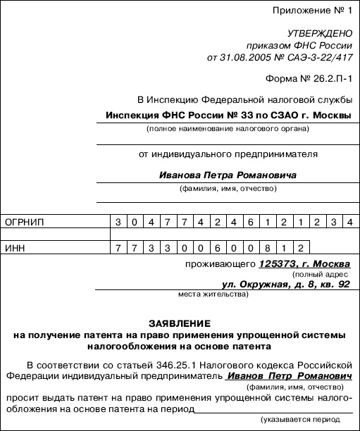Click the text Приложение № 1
point(315,11)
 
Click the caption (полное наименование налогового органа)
point(223,131)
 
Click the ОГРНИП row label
point(25,223)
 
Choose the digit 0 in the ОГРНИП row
point(135,223)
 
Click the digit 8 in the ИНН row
point(266,249)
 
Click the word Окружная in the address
point(261,285)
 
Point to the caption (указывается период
point(306,421)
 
